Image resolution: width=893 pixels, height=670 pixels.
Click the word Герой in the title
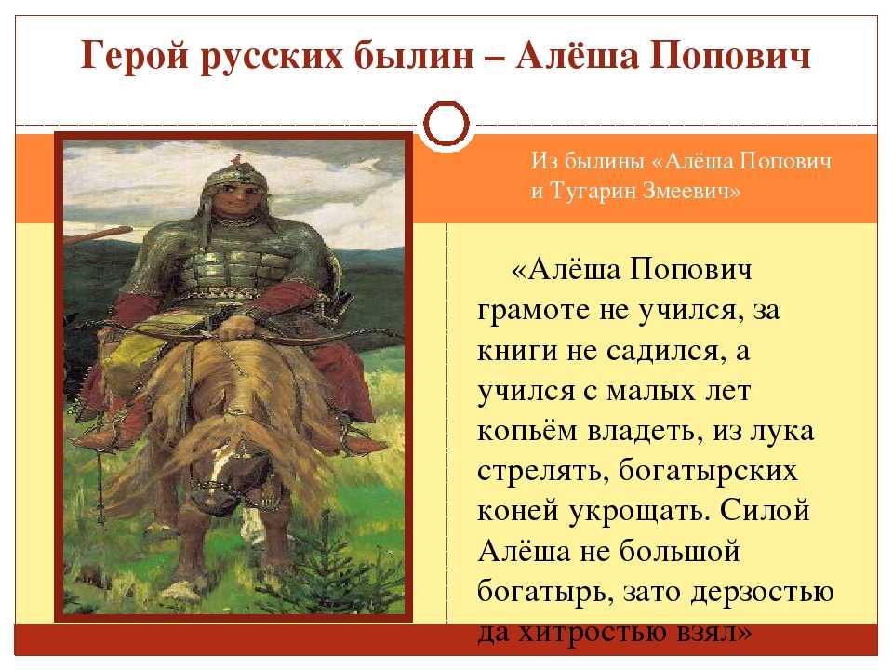(134, 56)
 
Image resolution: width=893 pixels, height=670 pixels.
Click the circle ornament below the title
(446, 124)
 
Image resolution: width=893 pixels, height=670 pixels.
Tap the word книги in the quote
(518, 351)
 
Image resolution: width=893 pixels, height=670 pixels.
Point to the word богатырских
(708, 472)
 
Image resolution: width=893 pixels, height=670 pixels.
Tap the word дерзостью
(763, 592)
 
